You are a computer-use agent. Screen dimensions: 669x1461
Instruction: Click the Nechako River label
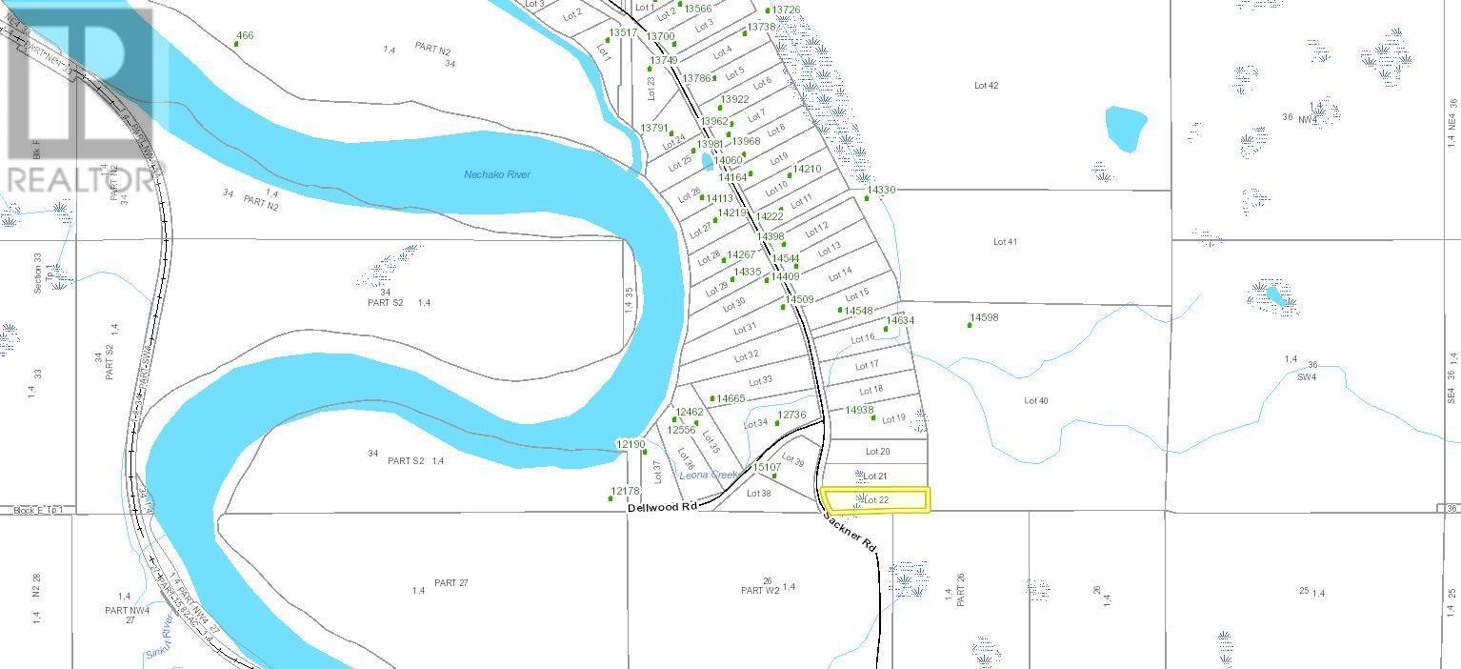click(x=496, y=174)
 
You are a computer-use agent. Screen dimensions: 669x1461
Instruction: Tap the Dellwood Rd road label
click(x=662, y=507)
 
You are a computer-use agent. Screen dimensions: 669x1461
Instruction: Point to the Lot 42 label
click(x=986, y=86)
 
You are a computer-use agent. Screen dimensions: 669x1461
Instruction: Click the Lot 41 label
click(x=1005, y=242)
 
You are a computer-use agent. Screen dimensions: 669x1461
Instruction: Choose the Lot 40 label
click(x=1035, y=401)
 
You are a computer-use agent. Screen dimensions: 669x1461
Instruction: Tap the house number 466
click(x=245, y=36)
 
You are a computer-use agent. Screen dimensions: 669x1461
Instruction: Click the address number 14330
click(x=881, y=191)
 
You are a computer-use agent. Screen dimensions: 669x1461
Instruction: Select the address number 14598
click(x=984, y=318)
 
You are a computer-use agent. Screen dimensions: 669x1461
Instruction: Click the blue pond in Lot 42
click(x=1125, y=128)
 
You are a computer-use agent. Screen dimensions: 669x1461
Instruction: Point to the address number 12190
click(x=630, y=444)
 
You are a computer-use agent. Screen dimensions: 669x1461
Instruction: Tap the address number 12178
click(x=625, y=491)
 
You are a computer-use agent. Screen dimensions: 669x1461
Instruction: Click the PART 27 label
click(x=450, y=582)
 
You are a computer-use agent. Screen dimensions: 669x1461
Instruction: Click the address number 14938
click(x=859, y=411)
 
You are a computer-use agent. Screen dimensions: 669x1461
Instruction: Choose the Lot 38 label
click(x=758, y=494)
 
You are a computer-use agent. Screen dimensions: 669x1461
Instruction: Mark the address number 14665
click(x=730, y=398)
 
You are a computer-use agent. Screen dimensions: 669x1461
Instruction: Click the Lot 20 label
click(x=877, y=452)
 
